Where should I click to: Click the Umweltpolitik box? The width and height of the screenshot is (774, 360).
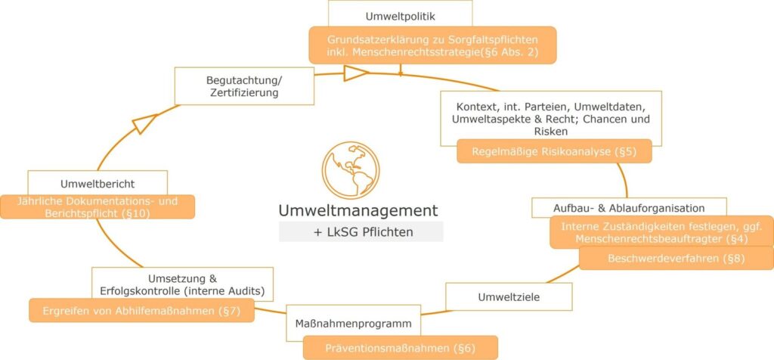[x=400, y=14]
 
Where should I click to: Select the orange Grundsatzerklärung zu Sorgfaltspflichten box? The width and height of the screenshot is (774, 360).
[x=432, y=45]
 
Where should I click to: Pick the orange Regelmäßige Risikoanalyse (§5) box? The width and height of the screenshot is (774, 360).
[x=554, y=151]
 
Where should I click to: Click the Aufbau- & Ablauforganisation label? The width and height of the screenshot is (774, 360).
[x=629, y=207]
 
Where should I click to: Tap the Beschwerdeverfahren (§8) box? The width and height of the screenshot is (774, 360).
[x=676, y=258]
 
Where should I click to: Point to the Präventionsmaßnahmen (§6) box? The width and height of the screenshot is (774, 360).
[x=401, y=348]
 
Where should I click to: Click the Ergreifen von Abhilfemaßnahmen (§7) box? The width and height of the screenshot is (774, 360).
[x=141, y=311]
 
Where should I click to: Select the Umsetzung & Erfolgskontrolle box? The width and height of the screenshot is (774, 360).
[x=182, y=284]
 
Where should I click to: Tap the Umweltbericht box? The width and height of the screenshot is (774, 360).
[x=97, y=183]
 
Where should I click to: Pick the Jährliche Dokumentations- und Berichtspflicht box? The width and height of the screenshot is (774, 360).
[x=97, y=207]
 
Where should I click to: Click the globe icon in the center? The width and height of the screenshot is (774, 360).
[x=351, y=170]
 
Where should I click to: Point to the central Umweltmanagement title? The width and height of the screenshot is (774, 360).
[x=358, y=209]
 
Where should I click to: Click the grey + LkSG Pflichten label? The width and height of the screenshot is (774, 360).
[x=361, y=232]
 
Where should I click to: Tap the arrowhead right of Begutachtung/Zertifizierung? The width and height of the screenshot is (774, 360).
[x=355, y=73]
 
